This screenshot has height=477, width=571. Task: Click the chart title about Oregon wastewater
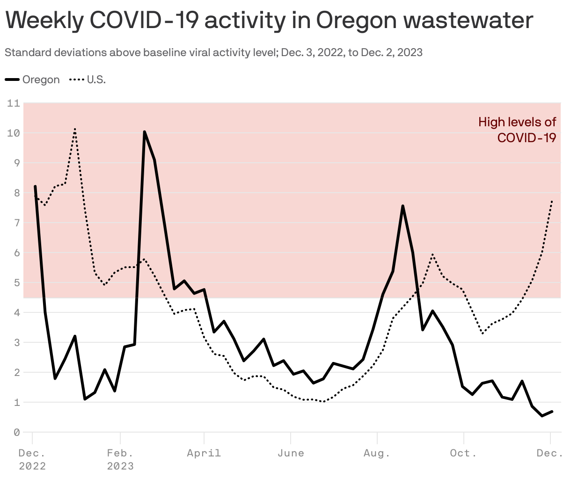click(269, 20)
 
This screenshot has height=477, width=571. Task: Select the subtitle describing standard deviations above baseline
click(213, 52)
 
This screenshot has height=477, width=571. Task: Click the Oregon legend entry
click(33, 79)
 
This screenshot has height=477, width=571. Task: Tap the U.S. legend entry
click(88, 79)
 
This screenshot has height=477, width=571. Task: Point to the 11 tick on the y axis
click(14, 103)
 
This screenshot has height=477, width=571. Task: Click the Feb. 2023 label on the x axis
click(120, 459)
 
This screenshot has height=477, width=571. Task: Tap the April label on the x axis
click(204, 453)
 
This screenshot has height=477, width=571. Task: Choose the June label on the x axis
click(291, 453)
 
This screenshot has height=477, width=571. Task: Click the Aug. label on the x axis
click(377, 453)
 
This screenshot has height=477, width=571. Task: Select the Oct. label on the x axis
click(463, 453)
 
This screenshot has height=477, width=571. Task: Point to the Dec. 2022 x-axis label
click(32, 459)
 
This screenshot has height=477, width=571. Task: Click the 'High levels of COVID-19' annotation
click(517, 130)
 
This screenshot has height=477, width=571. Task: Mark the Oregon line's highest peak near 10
click(145, 132)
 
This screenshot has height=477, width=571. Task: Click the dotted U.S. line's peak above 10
click(75, 129)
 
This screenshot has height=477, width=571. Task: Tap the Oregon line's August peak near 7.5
click(403, 206)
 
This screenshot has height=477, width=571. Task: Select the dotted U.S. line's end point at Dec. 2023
click(552, 201)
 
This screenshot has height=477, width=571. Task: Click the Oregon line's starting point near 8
click(35, 186)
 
